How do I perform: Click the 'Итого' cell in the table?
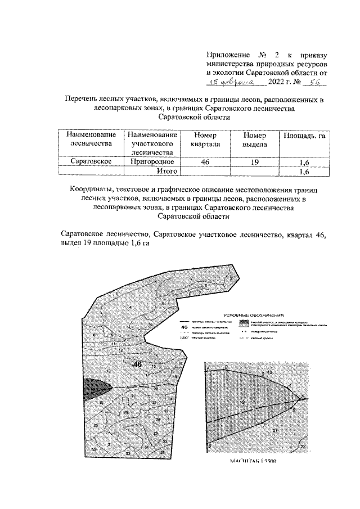pos(167,170)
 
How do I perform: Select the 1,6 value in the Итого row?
pos(304,171)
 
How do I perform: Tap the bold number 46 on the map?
pos(137,364)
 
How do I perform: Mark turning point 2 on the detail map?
pos(226,367)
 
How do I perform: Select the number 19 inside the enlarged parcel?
pos(243,403)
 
